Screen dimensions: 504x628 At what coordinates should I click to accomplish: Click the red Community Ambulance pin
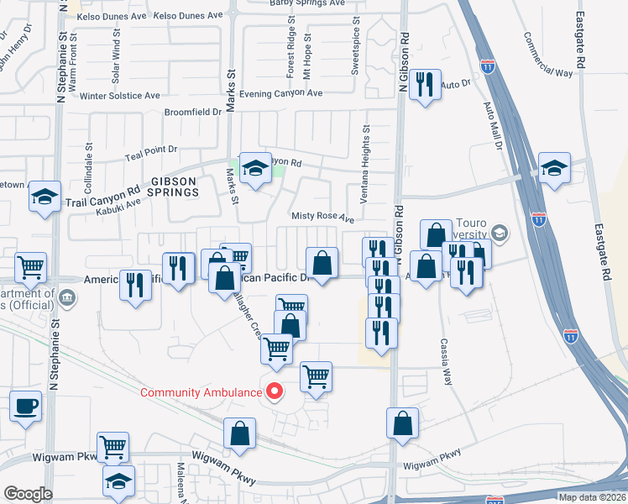click(274, 391)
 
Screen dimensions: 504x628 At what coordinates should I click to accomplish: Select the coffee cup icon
click(25, 406)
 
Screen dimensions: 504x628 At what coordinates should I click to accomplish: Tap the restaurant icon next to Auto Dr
click(425, 85)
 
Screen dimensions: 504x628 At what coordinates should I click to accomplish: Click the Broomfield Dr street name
click(193, 112)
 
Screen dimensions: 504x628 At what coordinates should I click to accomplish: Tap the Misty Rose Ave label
click(322, 217)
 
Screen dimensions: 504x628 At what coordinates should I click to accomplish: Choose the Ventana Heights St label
click(366, 165)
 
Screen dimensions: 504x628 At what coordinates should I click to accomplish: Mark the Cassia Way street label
click(446, 362)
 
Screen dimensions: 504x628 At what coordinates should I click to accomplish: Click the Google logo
click(28, 494)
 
